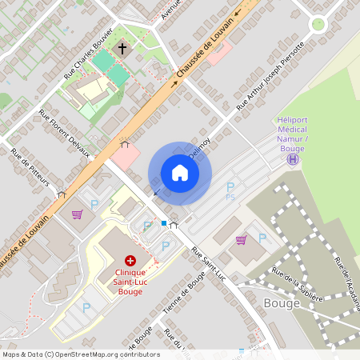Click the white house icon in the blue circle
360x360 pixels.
point(180,173)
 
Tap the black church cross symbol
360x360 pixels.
point(122,49)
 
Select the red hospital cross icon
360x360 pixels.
point(130,261)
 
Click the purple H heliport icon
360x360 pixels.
point(294,159)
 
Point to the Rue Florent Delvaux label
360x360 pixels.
point(64,136)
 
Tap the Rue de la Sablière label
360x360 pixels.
point(297,285)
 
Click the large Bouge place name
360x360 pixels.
point(282,304)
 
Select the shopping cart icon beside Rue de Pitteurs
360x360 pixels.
point(77,214)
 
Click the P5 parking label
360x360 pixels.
point(230,197)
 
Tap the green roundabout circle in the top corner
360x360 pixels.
point(318,24)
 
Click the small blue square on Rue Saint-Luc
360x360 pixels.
point(164,223)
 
